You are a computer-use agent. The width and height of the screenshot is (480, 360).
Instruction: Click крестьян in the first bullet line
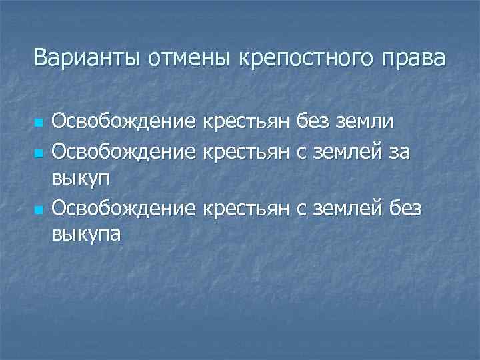pyautogui.click(x=247, y=123)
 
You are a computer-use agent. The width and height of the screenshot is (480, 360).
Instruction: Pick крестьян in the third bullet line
pyautogui.click(x=247, y=209)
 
